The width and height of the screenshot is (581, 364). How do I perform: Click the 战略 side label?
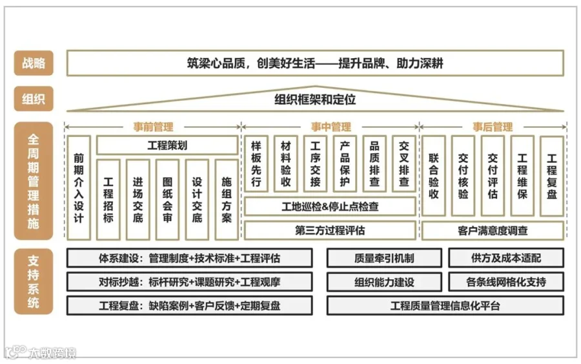pyautogui.click(x=34, y=63)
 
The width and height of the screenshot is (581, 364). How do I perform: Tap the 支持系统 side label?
pyautogui.click(x=34, y=281)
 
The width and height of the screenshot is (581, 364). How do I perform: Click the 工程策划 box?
pyautogui.click(x=167, y=145)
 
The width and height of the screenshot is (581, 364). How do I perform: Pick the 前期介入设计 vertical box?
pyautogui.click(x=79, y=187)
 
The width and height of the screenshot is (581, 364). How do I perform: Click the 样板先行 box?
pyautogui.click(x=256, y=164)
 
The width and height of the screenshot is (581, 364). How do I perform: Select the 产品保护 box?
pyautogui.click(x=345, y=164)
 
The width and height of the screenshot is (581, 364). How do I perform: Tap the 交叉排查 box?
pyautogui.click(x=404, y=164)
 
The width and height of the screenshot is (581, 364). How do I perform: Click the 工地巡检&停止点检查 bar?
pyautogui.click(x=330, y=207)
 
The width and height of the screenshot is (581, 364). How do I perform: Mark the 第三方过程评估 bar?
pyautogui.click(x=330, y=230)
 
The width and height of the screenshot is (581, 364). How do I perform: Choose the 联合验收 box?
pyautogui.click(x=434, y=175)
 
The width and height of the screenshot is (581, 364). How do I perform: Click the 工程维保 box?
pyautogui.click(x=522, y=175)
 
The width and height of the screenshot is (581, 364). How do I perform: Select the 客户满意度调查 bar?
pyautogui.click(x=493, y=230)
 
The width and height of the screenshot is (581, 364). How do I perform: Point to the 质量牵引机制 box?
pyautogui.click(x=384, y=258)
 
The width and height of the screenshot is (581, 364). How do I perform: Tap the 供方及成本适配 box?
pyautogui.click(x=506, y=258)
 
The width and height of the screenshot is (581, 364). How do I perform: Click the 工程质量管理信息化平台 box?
pyautogui.click(x=445, y=305)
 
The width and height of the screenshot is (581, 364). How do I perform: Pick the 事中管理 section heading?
pyautogui.click(x=331, y=127)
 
